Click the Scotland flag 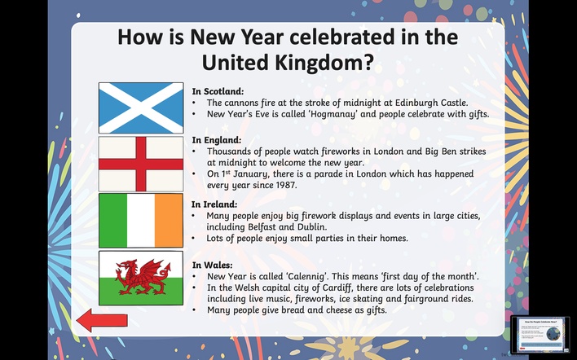click(x=141, y=108)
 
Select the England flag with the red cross click(x=141, y=164)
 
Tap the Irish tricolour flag click(x=141, y=220)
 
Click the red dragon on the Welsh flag click(x=143, y=277)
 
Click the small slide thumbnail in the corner click(x=540, y=334)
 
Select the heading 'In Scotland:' click(x=218, y=91)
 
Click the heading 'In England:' click(x=217, y=140)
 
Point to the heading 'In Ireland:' click(x=214, y=204)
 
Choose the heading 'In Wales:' click(x=213, y=265)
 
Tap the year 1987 click(x=285, y=185)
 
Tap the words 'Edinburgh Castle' click(x=431, y=103)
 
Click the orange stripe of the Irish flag click(x=169, y=220)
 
